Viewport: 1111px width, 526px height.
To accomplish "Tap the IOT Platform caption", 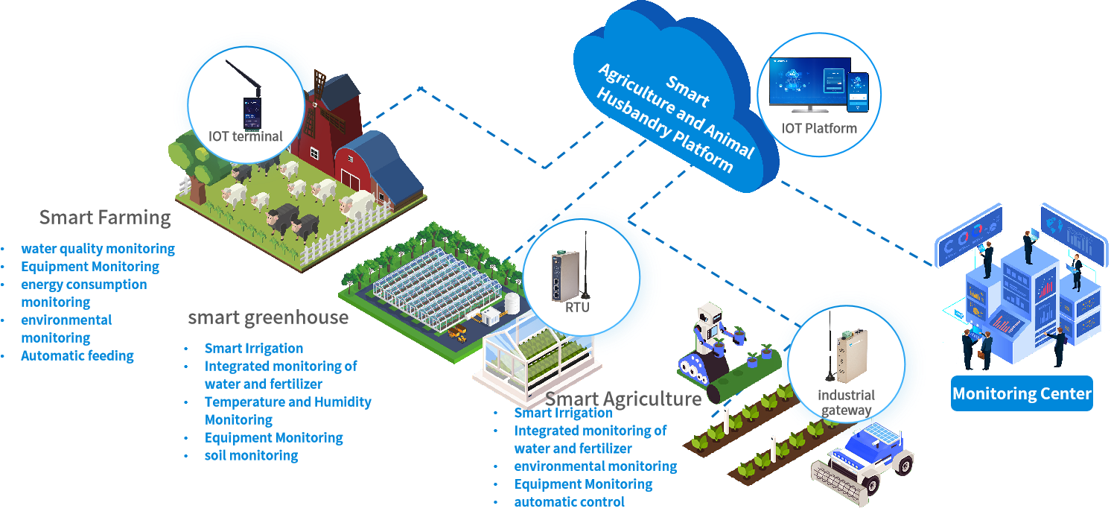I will click(819, 128).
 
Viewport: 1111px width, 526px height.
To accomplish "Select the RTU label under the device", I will click(577, 306).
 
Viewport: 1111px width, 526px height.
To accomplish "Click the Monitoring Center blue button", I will click(1022, 393).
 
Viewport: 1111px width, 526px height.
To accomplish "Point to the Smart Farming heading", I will click(105, 218).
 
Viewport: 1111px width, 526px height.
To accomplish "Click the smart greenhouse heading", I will click(268, 317).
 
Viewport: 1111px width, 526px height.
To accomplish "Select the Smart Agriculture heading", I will click(623, 399).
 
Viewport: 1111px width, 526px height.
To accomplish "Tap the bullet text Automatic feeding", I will click(77, 355).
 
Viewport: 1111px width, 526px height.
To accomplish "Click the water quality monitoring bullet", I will click(98, 249).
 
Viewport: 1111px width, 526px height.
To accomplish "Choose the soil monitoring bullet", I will click(251, 455).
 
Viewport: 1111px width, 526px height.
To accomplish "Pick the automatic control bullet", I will click(570, 501).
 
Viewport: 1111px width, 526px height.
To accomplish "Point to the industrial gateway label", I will click(846, 402).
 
